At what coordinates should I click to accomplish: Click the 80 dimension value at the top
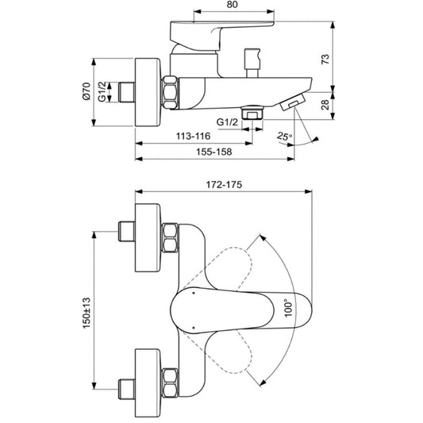[x=233, y=5]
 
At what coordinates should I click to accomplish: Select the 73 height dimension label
[x=325, y=59]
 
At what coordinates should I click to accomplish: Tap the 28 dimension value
[x=325, y=105]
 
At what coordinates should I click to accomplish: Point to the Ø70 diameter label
[x=87, y=91]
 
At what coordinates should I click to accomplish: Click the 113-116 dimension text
[x=193, y=136]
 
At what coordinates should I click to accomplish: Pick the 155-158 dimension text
[x=214, y=152]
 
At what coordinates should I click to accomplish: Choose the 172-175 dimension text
[x=224, y=185]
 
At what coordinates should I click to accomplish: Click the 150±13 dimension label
[x=87, y=313]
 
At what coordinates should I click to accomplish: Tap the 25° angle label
[x=285, y=137]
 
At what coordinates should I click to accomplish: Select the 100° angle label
[x=288, y=308]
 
